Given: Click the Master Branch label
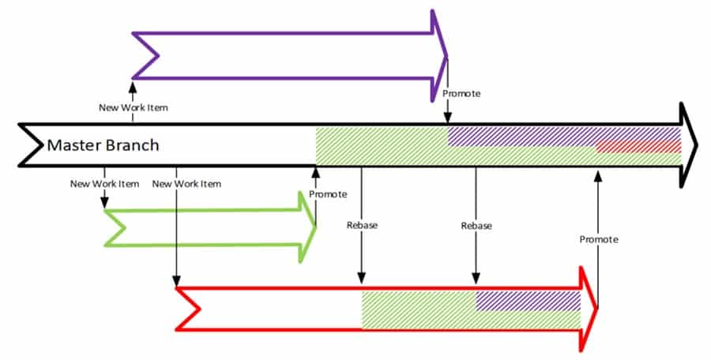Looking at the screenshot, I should (x=103, y=145).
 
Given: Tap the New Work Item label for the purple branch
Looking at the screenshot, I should (x=133, y=107).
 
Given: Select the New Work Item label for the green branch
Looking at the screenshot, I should (x=104, y=184).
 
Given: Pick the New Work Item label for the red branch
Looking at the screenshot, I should (x=186, y=184).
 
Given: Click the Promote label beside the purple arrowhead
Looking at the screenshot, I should (x=461, y=94).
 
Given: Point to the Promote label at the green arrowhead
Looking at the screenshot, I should (x=328, y=194).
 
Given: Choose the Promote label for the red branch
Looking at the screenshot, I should (x=598, y=239).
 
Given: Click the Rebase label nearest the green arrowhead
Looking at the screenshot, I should (x=362, y=226).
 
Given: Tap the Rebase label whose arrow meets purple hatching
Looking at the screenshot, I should (x=476, y=226).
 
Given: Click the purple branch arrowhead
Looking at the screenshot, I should (x=439, y=56).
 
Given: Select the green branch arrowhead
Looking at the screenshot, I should (x=307, y=226).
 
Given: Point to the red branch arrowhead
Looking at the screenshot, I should (x=589, y=309).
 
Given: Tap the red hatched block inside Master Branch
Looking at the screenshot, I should (x=638, y=148).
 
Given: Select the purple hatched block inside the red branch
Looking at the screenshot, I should (x=528, y=300).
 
